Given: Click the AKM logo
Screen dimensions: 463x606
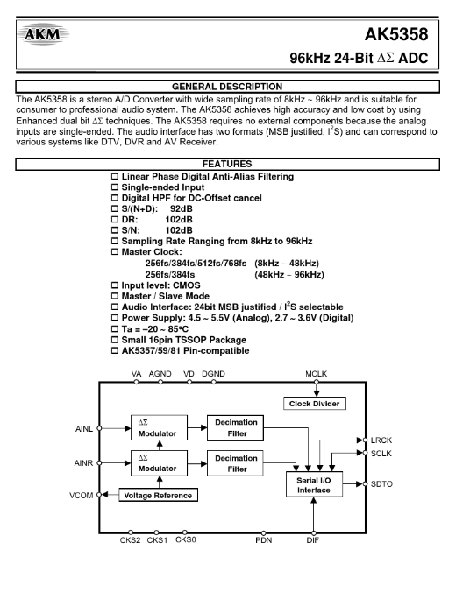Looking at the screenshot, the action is point(43,34).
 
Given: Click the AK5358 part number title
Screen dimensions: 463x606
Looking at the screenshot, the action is point(396,35).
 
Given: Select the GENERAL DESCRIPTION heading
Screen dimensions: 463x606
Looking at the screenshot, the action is point(227,87).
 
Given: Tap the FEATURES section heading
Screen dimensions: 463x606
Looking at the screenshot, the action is point(227,164).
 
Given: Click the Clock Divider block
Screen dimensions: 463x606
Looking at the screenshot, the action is point(315,404).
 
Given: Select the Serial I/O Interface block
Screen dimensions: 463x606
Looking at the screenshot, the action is point(314,484).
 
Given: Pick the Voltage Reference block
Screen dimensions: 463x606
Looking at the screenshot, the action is point(158,495).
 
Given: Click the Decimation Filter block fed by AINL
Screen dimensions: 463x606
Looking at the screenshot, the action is point(235,428).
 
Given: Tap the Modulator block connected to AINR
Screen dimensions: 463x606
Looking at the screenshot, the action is point(159,463).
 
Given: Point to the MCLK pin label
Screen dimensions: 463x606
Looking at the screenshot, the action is point(316,374).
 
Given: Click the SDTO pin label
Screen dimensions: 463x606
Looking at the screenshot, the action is point(381,484).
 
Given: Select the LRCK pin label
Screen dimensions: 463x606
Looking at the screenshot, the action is point(381,440).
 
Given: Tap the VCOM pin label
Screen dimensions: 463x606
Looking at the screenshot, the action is point(82,496).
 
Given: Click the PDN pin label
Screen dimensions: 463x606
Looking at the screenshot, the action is point(264,540).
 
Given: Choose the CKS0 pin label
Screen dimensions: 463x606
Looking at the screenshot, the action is point(186,539).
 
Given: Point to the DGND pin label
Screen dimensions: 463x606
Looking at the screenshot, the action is point(213,374).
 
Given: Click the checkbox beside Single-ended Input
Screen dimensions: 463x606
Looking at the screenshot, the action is point(115,187).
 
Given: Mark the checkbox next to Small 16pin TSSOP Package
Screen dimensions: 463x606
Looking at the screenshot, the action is point(115,340).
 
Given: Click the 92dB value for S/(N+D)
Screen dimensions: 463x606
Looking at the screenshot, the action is point(182,208).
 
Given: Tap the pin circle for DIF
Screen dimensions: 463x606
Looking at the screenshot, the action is point(314,533).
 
